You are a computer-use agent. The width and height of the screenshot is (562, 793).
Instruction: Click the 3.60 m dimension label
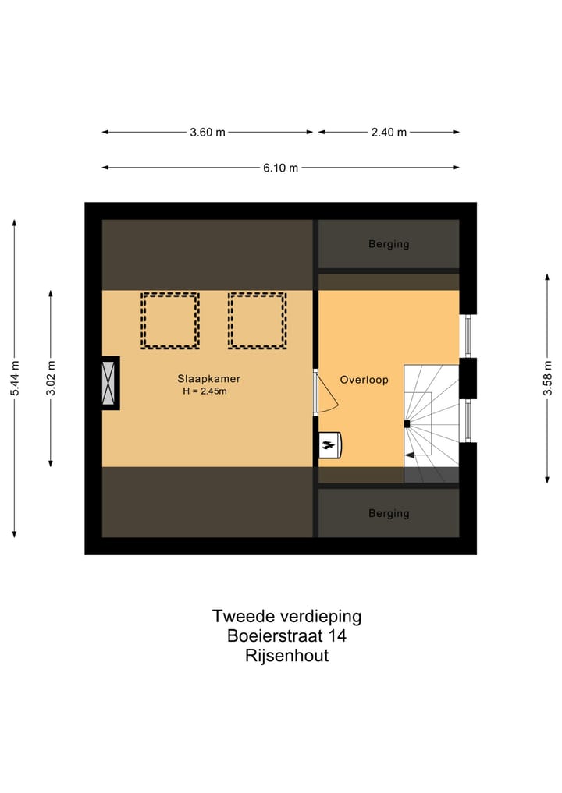(208, 133)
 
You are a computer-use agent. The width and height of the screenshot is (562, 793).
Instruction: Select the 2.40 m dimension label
(389, 133)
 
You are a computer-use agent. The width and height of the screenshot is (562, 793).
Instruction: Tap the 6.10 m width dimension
(281, 168)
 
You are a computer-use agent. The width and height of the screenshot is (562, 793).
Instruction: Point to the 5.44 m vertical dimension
(14, 379)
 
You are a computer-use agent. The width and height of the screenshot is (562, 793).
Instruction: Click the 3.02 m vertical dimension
(51, 379)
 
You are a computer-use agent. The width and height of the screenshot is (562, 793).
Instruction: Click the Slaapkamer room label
(208, 379)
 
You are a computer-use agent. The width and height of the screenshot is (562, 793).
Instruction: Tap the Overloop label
(364, 380)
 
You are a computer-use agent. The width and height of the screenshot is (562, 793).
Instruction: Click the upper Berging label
(389, 244)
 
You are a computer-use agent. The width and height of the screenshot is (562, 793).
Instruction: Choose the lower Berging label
(389, 513)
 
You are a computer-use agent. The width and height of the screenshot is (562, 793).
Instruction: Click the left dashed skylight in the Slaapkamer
(170, 320)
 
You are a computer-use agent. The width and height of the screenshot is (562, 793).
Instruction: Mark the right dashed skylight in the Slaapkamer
(257, 320)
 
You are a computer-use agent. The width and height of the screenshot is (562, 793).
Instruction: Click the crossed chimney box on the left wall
(110, 382)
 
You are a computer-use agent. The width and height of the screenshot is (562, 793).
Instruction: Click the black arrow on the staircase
(408, 452)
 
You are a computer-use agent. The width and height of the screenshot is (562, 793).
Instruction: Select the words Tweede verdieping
(286, 616)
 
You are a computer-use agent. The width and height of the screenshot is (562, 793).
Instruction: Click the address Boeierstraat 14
(286, 635)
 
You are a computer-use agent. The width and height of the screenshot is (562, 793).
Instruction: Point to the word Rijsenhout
(286, 656)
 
